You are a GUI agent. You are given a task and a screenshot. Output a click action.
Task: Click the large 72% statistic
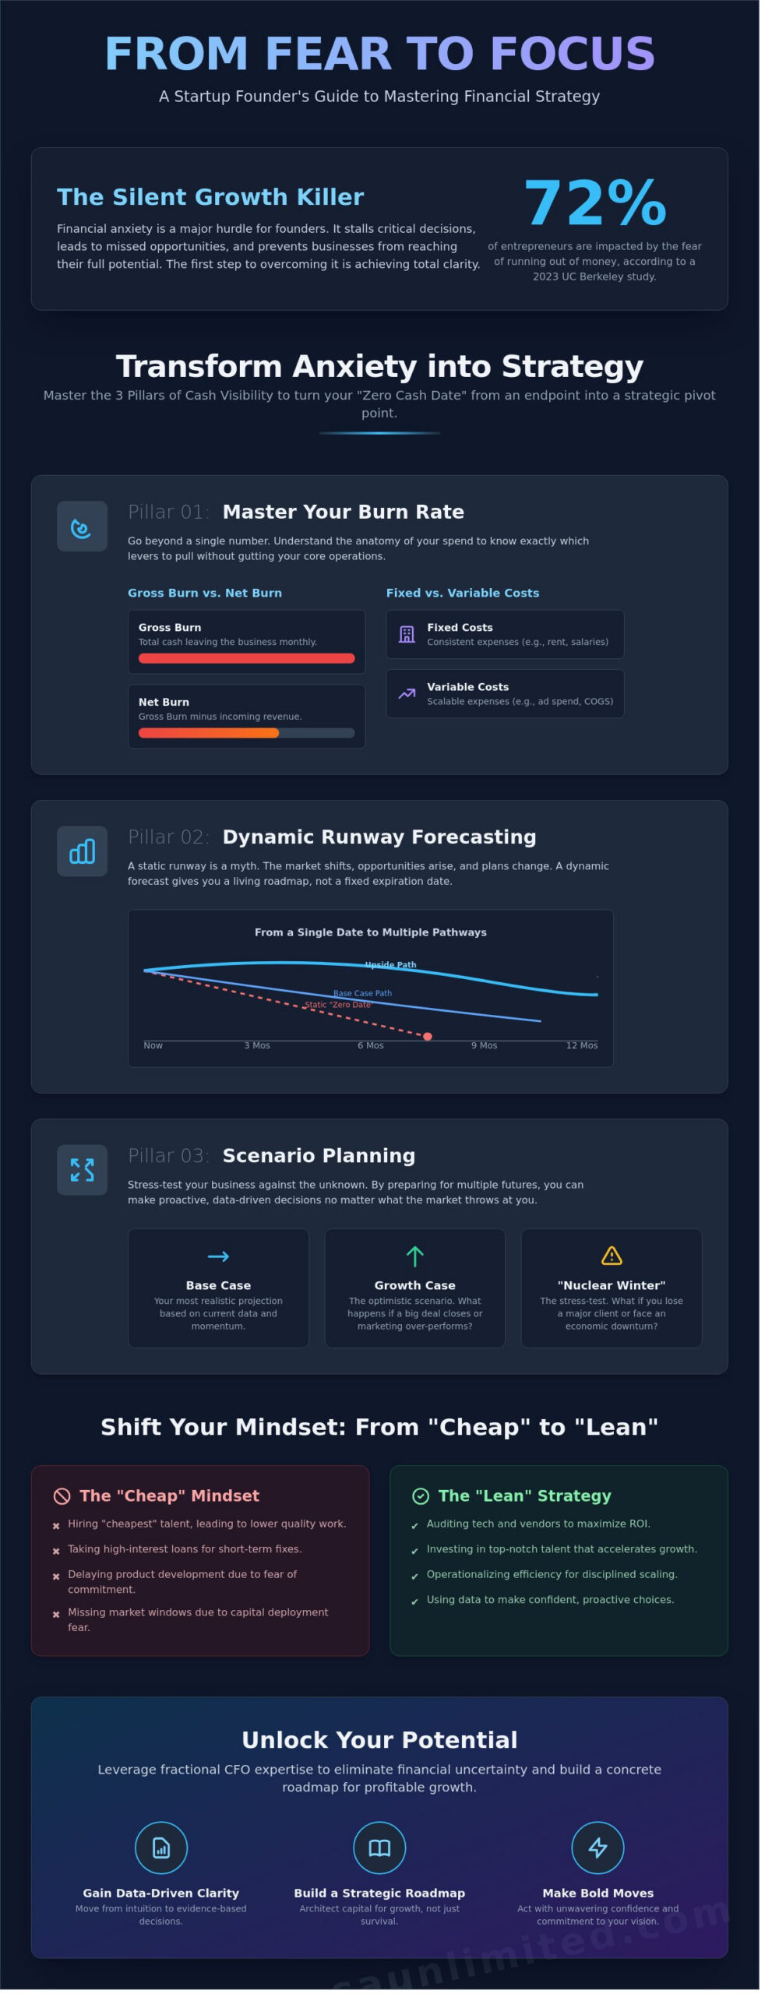click(x=595, y=203)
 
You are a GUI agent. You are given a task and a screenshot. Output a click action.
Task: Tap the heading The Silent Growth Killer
click(x=210, y=197)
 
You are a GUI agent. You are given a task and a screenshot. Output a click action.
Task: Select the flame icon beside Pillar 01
click(x=81, y=527)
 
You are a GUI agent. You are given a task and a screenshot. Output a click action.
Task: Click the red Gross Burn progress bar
click(x=246, y=658)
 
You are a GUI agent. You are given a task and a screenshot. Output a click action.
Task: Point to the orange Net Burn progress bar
click(x=209, y=733)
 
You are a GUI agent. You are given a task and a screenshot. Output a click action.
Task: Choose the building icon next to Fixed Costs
click(x=407, y=634)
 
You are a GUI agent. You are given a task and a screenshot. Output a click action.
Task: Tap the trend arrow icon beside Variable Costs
click(x=407, y=693)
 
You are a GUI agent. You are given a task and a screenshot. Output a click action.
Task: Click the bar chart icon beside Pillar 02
click(x=82, y=851)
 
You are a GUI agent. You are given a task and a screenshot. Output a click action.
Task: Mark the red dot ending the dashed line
click(x=428, y=1037)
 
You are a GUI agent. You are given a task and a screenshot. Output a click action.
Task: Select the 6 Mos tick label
click(x=371, y=1046)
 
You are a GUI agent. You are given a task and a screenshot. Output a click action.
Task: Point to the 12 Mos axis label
click(x=582, y=1046)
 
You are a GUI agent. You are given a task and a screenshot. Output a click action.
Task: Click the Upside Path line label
click(x=391, y=965)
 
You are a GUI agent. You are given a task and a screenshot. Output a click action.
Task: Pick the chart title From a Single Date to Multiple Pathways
click(x=371, y=932)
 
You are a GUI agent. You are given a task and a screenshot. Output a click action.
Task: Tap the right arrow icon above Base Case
click(x=218, y=1256)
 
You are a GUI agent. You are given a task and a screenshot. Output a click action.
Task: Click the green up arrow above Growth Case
click(x=415, y=1256)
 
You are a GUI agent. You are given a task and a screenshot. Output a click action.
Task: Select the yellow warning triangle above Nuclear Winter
click(x=612, y=1256)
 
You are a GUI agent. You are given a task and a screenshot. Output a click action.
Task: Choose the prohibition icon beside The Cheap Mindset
click(x=62, y=1496)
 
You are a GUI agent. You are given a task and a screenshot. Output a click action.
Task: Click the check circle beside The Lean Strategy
click(x=421, y=1496)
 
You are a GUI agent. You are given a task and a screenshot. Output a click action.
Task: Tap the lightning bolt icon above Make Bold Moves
click(x=598, y=1848)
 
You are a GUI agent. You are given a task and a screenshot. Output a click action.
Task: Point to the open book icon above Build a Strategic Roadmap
click(x=379, y=1848)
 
